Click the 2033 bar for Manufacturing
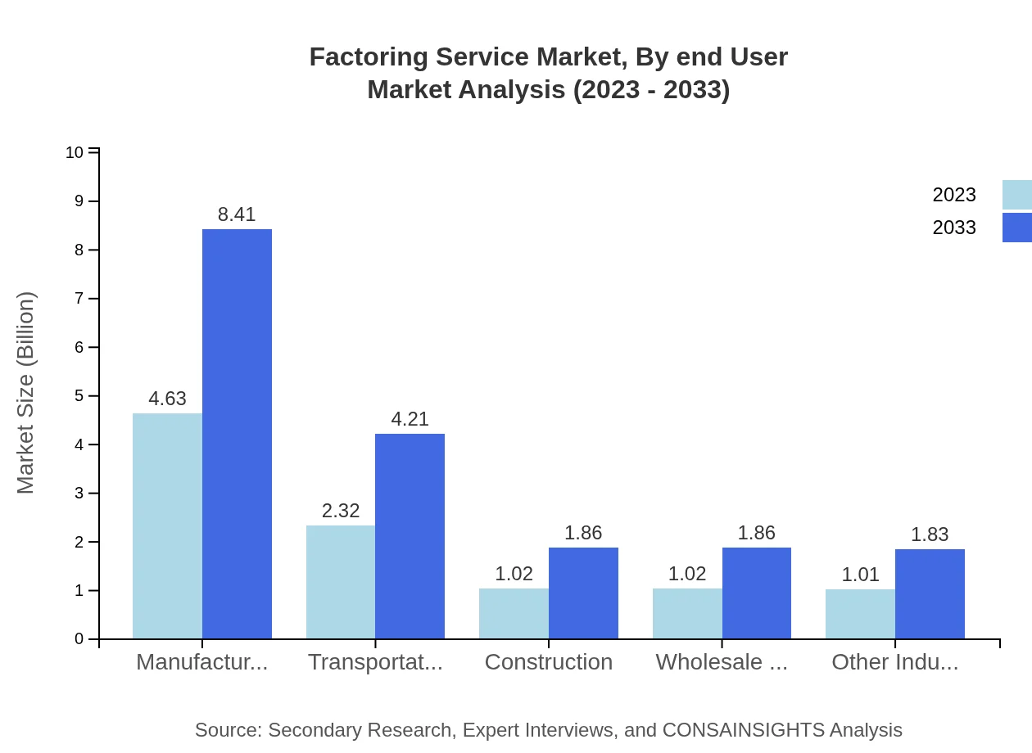point(237,434)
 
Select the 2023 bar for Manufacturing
point(167,525)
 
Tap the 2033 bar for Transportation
point(410,536)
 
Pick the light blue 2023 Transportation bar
point(341,582)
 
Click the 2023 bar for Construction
point(514,613)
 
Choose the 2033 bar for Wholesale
point(757,593)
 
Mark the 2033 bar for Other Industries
point(930,593)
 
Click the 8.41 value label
point(237,214)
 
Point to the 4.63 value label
point(167,399)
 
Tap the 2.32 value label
point(341,511)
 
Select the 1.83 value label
point(930,534)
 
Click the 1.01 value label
point(860,575)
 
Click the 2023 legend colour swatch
point(1016,195)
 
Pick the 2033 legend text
point(954,228)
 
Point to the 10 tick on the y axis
point(75,152)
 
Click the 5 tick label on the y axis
point(79,396)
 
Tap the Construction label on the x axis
point(548,662)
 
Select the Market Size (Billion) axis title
point(26,393)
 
